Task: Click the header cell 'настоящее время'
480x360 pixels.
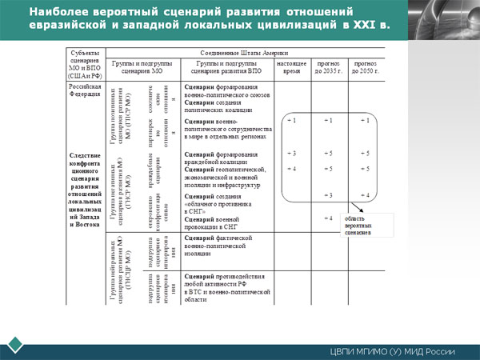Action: pyautogui.click(x=290, y=65)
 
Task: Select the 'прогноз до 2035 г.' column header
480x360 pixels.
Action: pyautogui.click(x=327, y=65)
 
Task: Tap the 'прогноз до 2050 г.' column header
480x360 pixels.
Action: pyautogui.click(x=365, y=65)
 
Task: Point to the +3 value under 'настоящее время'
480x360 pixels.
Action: pyautogui.click(x=291, y=153)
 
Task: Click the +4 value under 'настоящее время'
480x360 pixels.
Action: pyautogui.click(x=291, y=169)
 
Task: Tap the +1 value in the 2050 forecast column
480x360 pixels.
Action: pyautogui.click(x=365, y=120)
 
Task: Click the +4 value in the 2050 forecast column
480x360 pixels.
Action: pyautogui.click(x=365, y=195)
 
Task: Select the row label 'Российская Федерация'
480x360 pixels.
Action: pyautogui.click(x=84, y=87)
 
